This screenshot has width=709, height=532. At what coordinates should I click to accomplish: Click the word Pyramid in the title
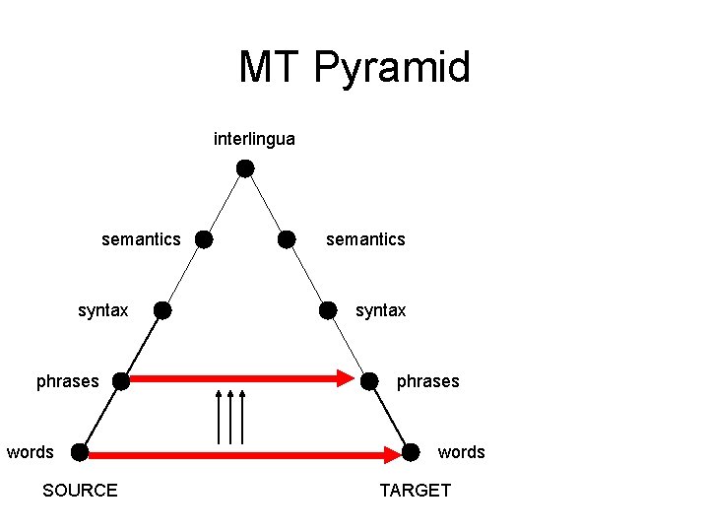[393, 68]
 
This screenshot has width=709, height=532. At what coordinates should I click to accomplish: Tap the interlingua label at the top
[254, 139]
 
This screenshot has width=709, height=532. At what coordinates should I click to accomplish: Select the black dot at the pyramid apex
[245, 168]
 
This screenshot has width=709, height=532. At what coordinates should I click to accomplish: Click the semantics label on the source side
[141, 239]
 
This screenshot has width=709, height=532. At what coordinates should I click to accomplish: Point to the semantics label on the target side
[365, 239]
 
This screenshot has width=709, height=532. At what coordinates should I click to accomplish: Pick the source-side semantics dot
[203, 239]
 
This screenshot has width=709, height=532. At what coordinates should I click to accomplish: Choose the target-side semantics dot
[287, 239]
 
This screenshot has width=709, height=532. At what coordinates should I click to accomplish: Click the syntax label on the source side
[103, 311]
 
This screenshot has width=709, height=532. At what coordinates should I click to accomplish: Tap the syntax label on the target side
[380, 311]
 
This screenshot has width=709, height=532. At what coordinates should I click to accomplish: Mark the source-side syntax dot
[162, 311]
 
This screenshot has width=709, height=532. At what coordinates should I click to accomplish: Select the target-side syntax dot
[328, 311]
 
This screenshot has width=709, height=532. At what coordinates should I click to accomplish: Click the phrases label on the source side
[68, 381]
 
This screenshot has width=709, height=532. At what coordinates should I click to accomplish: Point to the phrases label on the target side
[427, 381]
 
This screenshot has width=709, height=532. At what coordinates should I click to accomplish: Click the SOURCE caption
[80, 491]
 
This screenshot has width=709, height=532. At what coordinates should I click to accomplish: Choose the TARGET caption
[415, 491]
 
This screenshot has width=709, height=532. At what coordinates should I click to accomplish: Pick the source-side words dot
[79, 452]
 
